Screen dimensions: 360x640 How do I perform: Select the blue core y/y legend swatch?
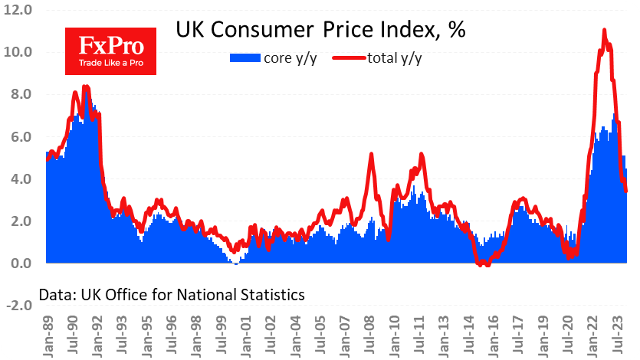[x=245, y=58]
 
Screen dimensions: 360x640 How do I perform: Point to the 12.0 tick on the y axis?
[x=17, y=11]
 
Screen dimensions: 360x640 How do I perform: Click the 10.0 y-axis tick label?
[x=17, y=53]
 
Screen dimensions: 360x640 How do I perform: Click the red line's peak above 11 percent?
[x=605, y=31]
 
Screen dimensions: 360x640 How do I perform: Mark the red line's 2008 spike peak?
[x=371, y=155]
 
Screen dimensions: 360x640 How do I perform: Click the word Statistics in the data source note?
[x=267, y=294]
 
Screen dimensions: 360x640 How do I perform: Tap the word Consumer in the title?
[x=257, y=31]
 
